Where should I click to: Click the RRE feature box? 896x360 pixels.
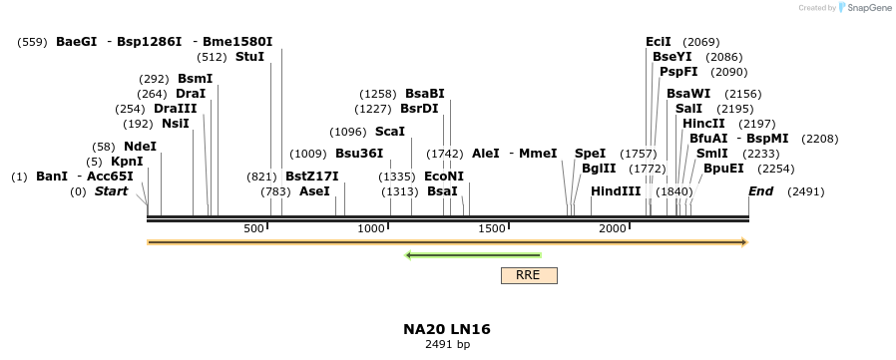pos(529,275)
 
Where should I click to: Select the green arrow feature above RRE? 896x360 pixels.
pos(473,255)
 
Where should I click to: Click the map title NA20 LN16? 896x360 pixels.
pos(447,329)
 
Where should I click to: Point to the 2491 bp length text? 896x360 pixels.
pos(447,345)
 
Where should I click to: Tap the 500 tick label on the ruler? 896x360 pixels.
pos(254,229)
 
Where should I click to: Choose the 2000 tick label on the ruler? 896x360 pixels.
pos(613,229)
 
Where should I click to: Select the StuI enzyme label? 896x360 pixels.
pos(249,58)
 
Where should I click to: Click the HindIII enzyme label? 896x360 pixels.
pos(616,191)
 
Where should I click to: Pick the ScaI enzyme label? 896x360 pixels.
pos(390,132)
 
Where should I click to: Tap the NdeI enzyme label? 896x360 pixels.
pos(140,147)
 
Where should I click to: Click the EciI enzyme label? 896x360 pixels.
pos(659,42)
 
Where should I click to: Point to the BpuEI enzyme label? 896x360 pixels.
pos(723,169)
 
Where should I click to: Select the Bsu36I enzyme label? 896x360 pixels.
pos(359,154)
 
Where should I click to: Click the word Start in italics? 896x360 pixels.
pos(111,191)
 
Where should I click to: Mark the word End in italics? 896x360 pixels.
pos(760,191)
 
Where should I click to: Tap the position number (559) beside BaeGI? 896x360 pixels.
pos(32,42)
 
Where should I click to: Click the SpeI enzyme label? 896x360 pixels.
pos(590,154)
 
